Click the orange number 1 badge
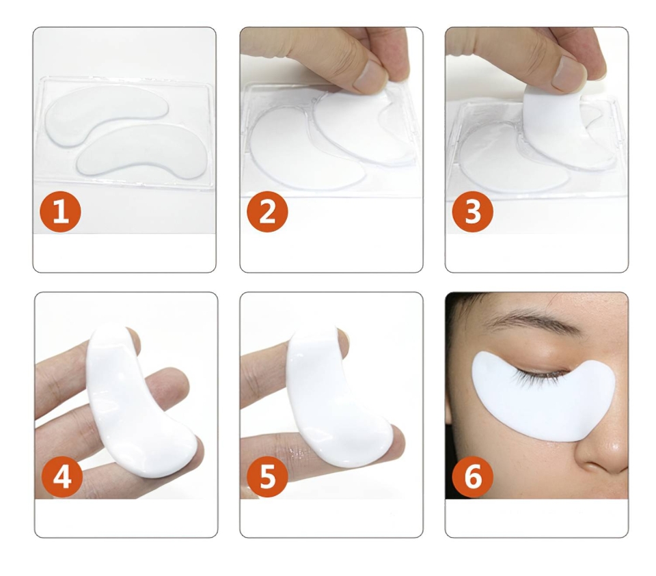(x=60, y=212)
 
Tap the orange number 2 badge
(x=268, y=212)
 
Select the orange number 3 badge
(x=473, y=212)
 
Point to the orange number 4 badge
(x=62, y=476)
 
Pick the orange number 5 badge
(x=268, y=476)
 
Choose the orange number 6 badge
(x=473, y=476)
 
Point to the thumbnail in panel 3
(x=569, y=72)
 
